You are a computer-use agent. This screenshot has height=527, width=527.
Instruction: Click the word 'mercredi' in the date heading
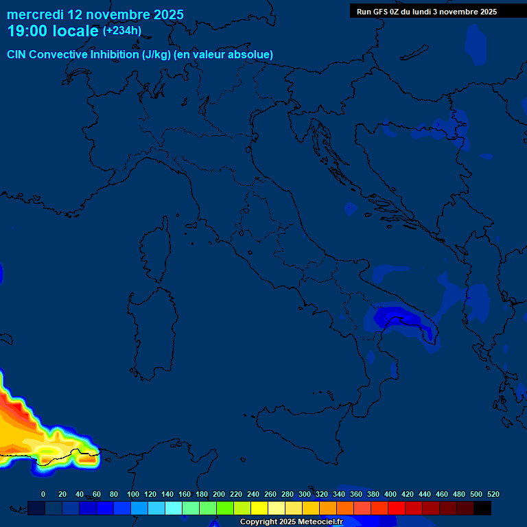click(x=35, y=14)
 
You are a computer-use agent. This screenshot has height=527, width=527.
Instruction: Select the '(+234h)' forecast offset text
click(x=122, y=30)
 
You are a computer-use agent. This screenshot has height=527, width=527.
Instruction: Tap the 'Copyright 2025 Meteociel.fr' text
click(x=291, y=522)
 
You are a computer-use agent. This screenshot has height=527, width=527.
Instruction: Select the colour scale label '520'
click(x=493, y=494)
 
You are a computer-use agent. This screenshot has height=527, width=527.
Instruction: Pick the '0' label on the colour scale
click(x=43, y=494)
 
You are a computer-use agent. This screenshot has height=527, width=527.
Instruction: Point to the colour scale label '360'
click(x=355, y=494)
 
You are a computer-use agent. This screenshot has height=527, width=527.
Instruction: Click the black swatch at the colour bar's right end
click(x=482, y=508)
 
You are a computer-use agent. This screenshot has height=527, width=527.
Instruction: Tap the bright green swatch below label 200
click(x=225, y=508)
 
